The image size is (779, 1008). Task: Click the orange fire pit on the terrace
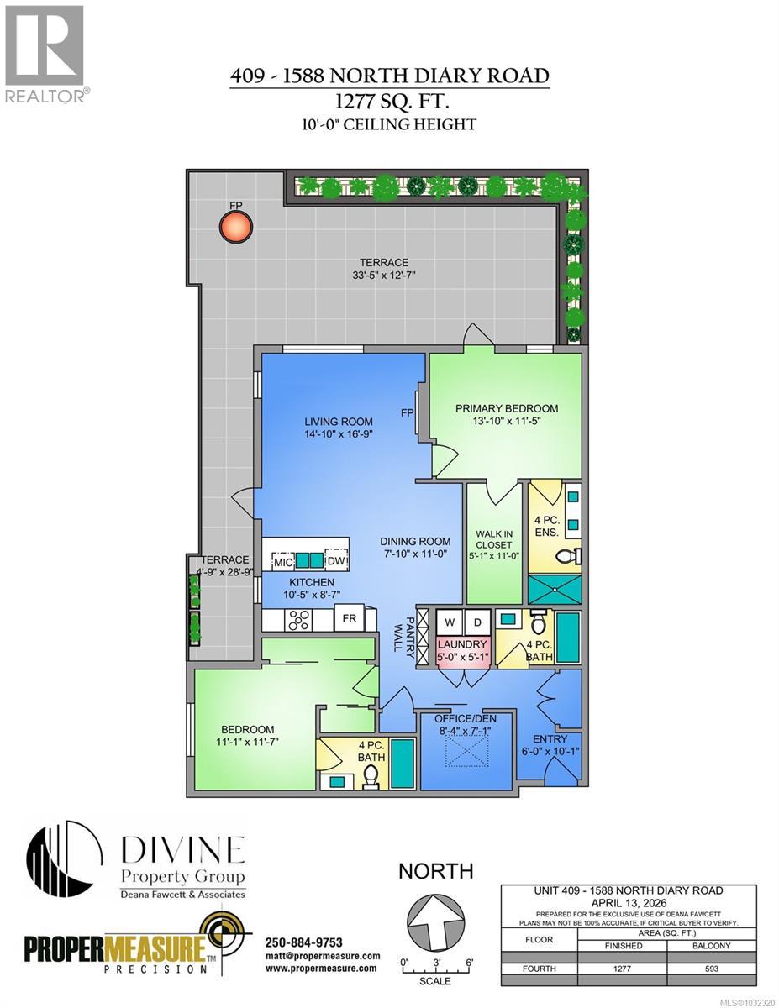pos(236,226)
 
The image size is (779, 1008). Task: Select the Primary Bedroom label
pos(506,415)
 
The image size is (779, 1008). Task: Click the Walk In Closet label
pos(494,543)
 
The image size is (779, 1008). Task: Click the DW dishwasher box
pos(335,561)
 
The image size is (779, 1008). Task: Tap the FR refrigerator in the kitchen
pos(347,621)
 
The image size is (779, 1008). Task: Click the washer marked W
pos(450,622)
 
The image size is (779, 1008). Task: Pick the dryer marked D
pos(477,622)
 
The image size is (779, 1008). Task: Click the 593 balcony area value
pos(713,969)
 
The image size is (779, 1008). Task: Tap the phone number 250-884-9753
pos(303,942)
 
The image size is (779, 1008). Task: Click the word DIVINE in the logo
pos(183,850)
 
